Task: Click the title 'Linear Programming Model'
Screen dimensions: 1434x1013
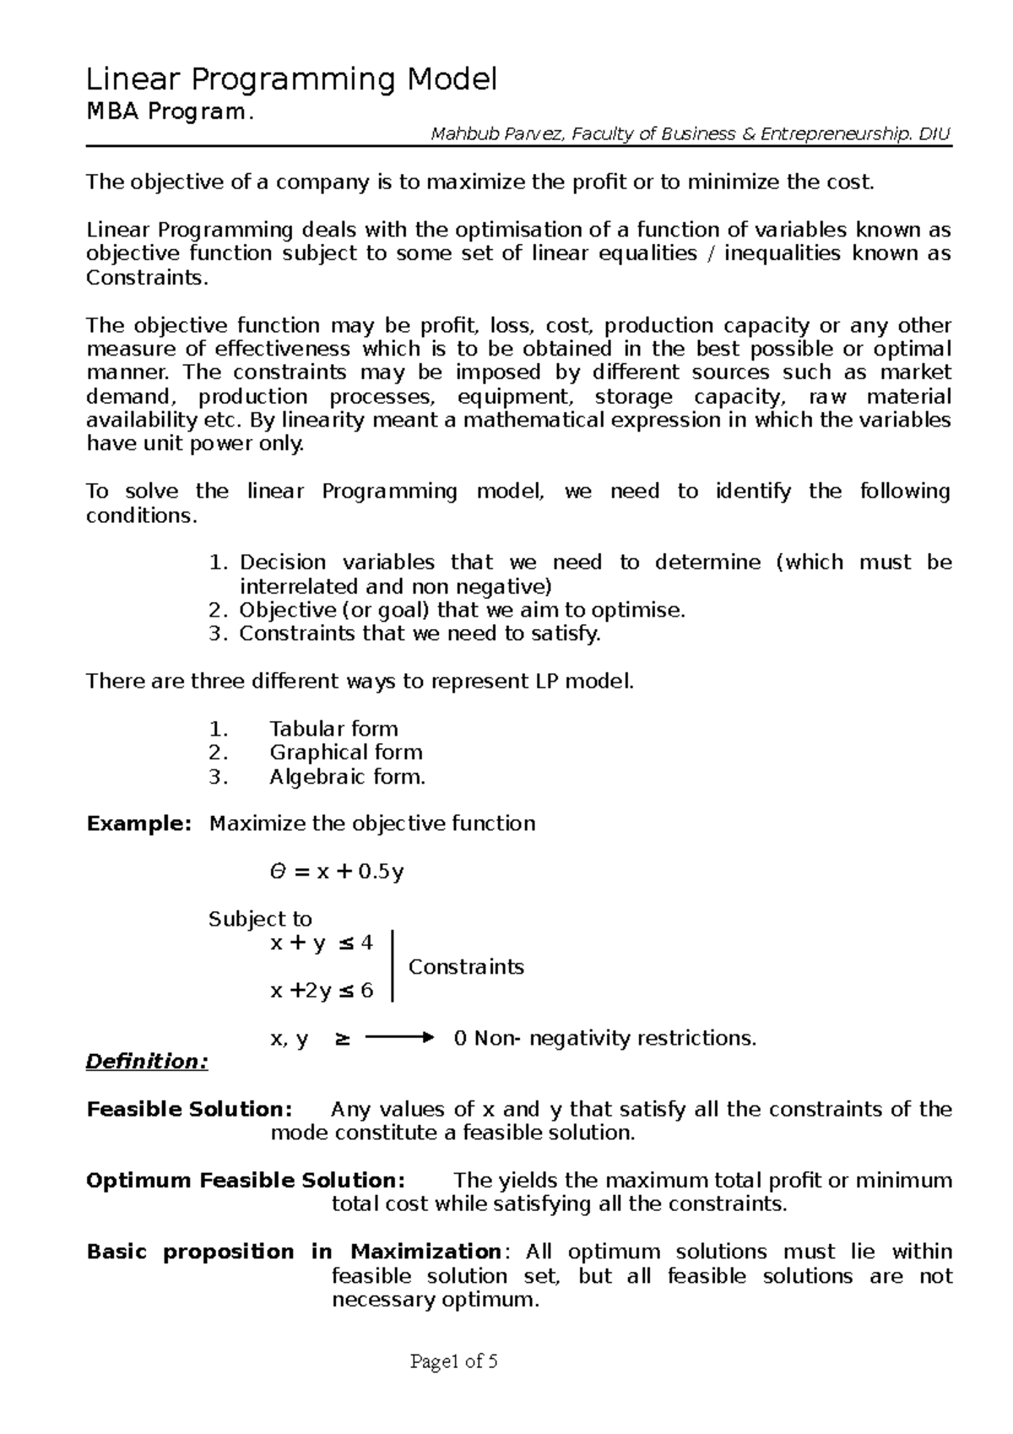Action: [x=292, y=80]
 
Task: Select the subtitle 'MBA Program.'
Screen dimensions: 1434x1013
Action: [x=168, y=112]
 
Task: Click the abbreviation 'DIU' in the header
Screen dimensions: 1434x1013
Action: [x=934, y=133]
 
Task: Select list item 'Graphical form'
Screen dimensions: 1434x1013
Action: [x=346, y=752]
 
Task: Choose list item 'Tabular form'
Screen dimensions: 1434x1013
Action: [x=333, y=729]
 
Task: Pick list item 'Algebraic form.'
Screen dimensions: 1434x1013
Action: [x=347, y=777]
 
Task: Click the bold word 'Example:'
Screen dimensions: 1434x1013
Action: [x=139, y=823]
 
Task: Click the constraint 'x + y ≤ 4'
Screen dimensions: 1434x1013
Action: [x=321, y=943]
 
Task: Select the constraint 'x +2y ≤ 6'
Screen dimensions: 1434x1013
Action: [x=321, y=991]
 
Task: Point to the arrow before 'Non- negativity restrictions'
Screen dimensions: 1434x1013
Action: [x=400, y=1038]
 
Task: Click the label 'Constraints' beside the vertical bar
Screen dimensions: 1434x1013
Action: [x=466, y=967]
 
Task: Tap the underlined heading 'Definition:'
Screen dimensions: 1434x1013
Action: [x=147, y=1062]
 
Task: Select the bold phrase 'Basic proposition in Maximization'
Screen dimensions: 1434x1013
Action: [x=294, y=1252]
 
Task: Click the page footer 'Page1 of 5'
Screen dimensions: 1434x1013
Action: [x=453, y=1361]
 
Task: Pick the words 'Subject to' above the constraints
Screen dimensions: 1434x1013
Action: [x=260, y=919]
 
